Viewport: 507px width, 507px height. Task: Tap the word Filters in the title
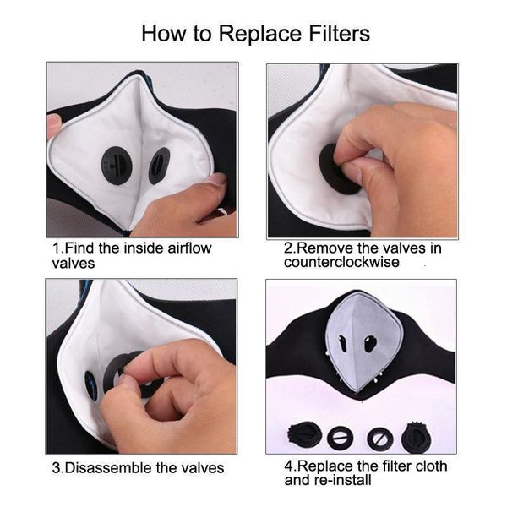(x=328, y=34)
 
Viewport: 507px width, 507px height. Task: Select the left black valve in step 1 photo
(x=117, y=165)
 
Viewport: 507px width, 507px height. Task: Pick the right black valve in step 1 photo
(x=159, y=165)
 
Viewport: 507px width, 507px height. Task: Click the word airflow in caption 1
(x=183, y=248)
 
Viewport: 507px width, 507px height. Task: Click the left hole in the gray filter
(x=343, y=344)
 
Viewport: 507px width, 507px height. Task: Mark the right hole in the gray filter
(x=370, y=343)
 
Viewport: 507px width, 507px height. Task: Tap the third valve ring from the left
(x=379, y=438)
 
